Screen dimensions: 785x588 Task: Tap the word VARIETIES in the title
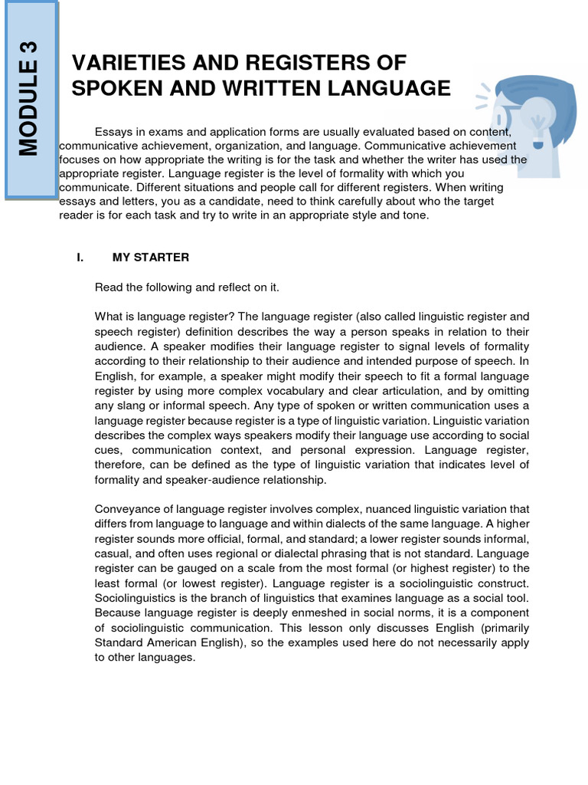tap(122, 63)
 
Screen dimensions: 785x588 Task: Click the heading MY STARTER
tap(151, 258)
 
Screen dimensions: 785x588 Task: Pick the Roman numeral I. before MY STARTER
tap(80, 258)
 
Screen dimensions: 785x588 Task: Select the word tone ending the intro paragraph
tap(416, 215)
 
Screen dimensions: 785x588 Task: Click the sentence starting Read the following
tap(188, 287)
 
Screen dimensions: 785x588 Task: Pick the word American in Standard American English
tap(173, 642)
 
